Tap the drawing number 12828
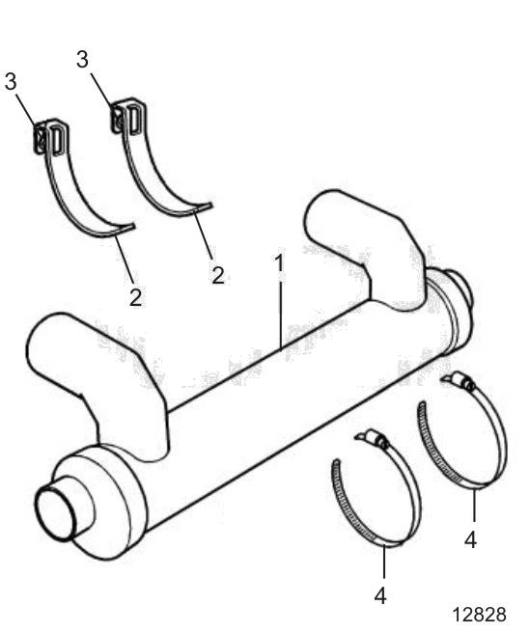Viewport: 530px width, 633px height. pyautogui.click(x=479, y=614)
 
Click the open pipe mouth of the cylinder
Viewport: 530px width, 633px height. pyautogui.click(x=56, y=514)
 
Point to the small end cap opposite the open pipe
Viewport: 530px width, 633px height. pyautogui.click(x=457, y=288)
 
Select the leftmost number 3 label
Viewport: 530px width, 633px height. pyautogui.click(x=11, y=81)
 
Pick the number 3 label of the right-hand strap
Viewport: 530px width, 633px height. pyautogui.click(x=82, y=59)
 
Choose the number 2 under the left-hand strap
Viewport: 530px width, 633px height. pyautogui.click(x=136, y=297)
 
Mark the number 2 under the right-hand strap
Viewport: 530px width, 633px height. pyautogui.click(x=218, y=275)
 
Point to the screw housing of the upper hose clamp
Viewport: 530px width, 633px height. pyautogui.click(x=459, y=381)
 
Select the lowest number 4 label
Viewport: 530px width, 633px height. pyautogui.click(x=380, y=596)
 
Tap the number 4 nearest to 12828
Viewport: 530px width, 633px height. pyautogui.click(x=470, y=539)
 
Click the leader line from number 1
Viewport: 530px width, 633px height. pyautogui.click(x=280, y=312)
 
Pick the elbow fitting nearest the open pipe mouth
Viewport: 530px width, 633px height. pyautogui.click(x=97, y=383)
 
